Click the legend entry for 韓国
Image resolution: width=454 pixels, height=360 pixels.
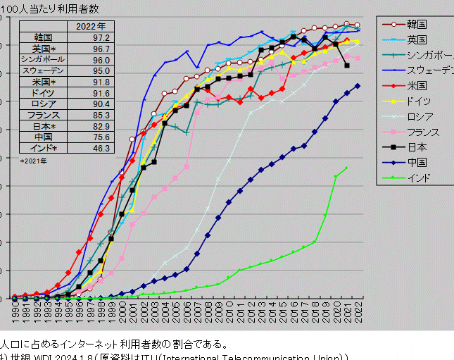tap(417, 25)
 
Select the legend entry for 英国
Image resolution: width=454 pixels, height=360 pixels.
tap(417, 40)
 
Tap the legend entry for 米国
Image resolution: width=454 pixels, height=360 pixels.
tap(417, 85)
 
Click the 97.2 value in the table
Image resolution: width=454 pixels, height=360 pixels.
tap(101, 37)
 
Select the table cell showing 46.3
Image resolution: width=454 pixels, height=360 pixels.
tap(101, 148)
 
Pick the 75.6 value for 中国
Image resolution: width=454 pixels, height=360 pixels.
tap(101, 137)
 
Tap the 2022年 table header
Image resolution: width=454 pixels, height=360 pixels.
tap(90, 26)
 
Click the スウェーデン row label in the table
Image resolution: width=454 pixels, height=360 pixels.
tap(43, 70)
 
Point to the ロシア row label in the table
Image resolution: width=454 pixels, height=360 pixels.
tap(43, 104)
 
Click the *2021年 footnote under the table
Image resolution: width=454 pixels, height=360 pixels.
tap(34, 161)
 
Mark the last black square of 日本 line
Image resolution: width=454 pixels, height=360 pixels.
tap(347, 66)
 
